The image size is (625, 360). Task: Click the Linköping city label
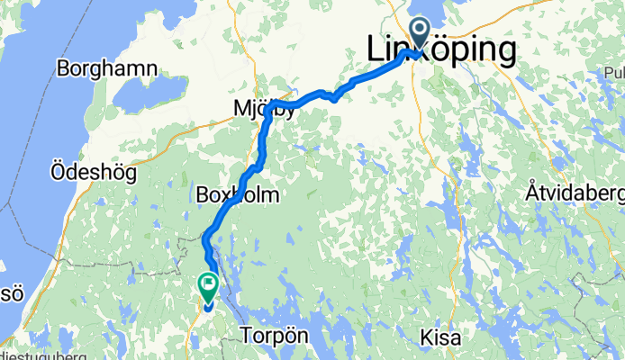[442, 50]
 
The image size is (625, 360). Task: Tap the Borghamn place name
[106, 68]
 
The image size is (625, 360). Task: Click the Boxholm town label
[235, 194]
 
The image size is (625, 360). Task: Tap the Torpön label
[276, 336]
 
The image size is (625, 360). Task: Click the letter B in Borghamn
[64, 68]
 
